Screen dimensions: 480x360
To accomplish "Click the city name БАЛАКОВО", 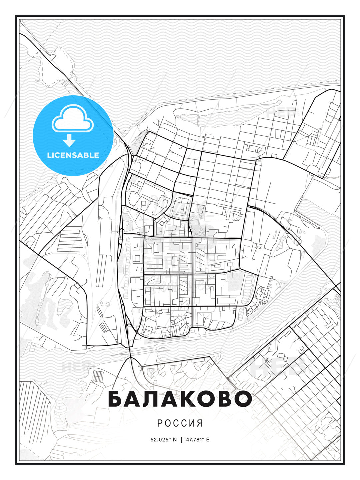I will tap(180, 399).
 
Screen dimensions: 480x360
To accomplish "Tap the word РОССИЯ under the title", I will tap(180, 423).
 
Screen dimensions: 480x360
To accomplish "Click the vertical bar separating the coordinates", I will tap(181, 440).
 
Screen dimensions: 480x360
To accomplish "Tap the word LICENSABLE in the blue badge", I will tap(73, 155).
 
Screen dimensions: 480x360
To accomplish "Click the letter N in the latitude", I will tap(175, 440).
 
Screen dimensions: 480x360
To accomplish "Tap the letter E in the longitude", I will tap(208, 440).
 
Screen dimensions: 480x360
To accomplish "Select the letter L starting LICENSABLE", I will tap(49, 155).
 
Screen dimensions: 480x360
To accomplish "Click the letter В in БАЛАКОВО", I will tap(226, 399).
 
